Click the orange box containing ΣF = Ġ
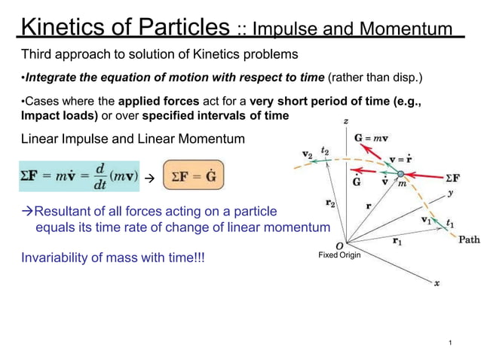coord(193,176)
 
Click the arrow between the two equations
coord(149,179)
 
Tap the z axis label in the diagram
coord(345,121)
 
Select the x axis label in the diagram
coord(437,284)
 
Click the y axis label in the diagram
coord(450,193)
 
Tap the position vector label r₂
coord(330,203)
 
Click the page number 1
coord(449,343)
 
